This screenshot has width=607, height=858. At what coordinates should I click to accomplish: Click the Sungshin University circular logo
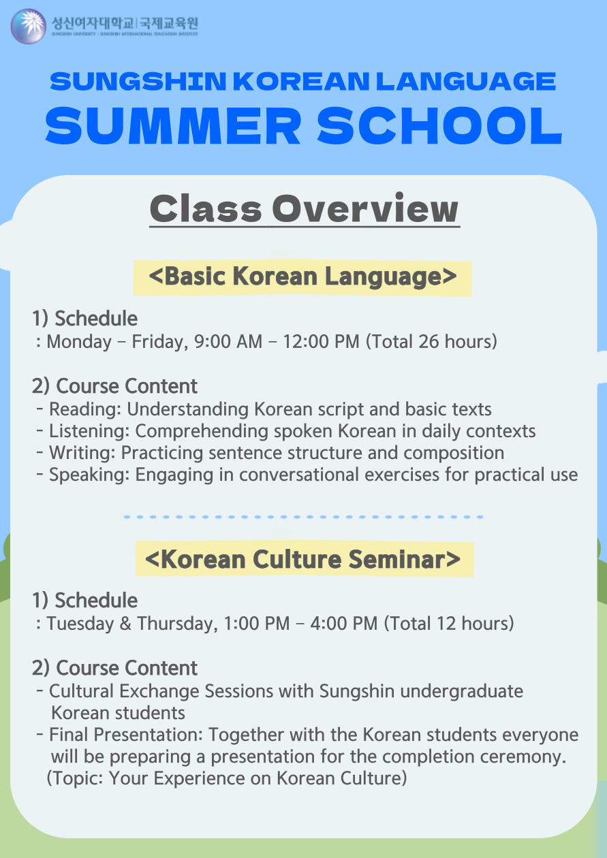click(29, 27)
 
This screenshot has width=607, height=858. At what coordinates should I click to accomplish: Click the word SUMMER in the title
click(173, 126)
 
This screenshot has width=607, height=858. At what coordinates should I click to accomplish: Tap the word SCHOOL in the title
click(439, 126)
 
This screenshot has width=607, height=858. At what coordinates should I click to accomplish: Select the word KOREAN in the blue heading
click(301, 82)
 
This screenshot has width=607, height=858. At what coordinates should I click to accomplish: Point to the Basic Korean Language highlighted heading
click(302, 276)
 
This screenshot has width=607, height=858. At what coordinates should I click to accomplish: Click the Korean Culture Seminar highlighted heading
click(305, 559)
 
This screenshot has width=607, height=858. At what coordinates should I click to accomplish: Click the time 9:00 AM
click(228, 342)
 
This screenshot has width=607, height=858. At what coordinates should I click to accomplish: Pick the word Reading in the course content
click(85, 410)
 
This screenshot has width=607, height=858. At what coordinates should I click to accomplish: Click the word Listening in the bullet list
click(89, 432)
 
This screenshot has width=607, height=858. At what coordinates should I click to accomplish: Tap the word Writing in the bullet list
click(82, 453)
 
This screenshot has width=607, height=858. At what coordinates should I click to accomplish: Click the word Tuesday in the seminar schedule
click(80, 624)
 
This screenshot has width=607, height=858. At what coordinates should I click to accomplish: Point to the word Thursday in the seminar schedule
click(177, 624)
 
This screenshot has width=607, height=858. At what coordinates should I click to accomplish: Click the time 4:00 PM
click(344, 624)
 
